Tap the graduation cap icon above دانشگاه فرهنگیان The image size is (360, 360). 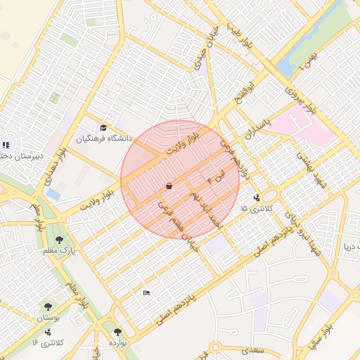pyautogui.click(x=104, y=127)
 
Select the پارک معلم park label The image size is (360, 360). pyautogui.click(x=63, y=250)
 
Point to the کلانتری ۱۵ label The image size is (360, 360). pyautogui.click(x=254, y=209)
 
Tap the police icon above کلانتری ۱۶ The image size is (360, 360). pyautogui.click(x=48, y=332)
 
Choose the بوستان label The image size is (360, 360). pyautogui.click(x=49, y=318)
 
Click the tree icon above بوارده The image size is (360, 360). pyautogui.click(x=117, y=332)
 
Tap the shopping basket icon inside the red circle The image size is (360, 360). pyautogui.click(x=169, y=186)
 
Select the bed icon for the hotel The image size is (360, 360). pyautogui.click(x=146, y=292)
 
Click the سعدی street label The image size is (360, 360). pyautogui.click(x=250, y=350)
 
